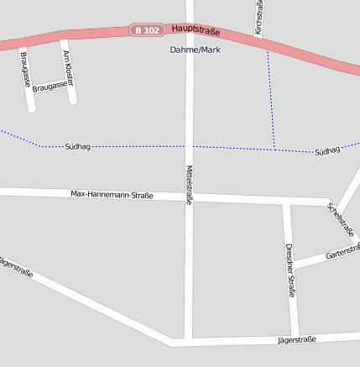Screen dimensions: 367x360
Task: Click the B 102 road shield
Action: click(146, 30)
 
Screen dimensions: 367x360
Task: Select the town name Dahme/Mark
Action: click(195, 50)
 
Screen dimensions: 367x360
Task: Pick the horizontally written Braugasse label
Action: click(50, 86)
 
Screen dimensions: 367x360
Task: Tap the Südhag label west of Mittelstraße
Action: click(77, 146)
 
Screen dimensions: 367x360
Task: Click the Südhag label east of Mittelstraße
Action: click(327, 151)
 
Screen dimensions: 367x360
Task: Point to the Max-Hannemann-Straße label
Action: click(112, 194)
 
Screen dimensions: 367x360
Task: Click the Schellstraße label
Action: click(341, 219)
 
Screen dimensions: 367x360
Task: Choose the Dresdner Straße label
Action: click(290, 270)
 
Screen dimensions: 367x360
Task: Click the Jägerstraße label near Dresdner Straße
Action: click(296, 339)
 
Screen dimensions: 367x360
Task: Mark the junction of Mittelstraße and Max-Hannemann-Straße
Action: click(190, 197)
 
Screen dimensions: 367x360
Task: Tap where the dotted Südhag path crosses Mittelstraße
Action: click(190, 146)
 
